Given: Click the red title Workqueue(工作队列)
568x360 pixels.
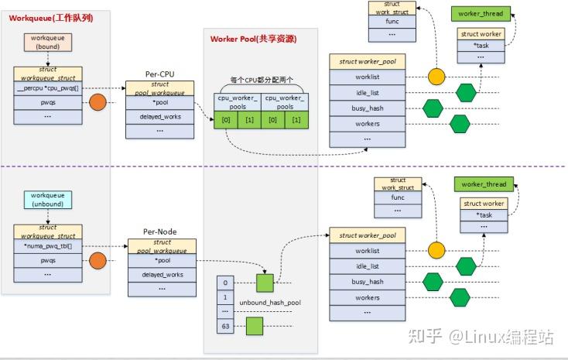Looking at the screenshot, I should click(51, 17).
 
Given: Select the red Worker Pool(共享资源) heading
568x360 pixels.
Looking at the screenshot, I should click(253, 39).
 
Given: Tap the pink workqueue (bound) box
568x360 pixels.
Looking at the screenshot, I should click(48, 41).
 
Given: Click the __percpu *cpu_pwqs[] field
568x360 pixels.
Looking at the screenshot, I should click(48, 87).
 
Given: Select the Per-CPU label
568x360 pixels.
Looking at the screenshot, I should click(160, 74).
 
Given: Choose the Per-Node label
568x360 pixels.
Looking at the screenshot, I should click(160, 231).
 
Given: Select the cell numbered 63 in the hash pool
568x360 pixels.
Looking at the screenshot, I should click(224, 326).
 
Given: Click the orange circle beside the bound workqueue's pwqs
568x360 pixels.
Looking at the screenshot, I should click(98, 102).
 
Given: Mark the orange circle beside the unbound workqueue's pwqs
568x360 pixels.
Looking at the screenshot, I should click(98, 262).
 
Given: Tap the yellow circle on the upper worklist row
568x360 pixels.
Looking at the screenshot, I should click(437, 77).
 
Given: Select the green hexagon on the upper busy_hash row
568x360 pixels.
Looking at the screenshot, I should click(433, 108).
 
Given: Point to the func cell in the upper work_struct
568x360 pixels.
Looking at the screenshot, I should click(392, 22).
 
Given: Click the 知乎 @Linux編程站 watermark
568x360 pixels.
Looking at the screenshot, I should click(481, 336).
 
